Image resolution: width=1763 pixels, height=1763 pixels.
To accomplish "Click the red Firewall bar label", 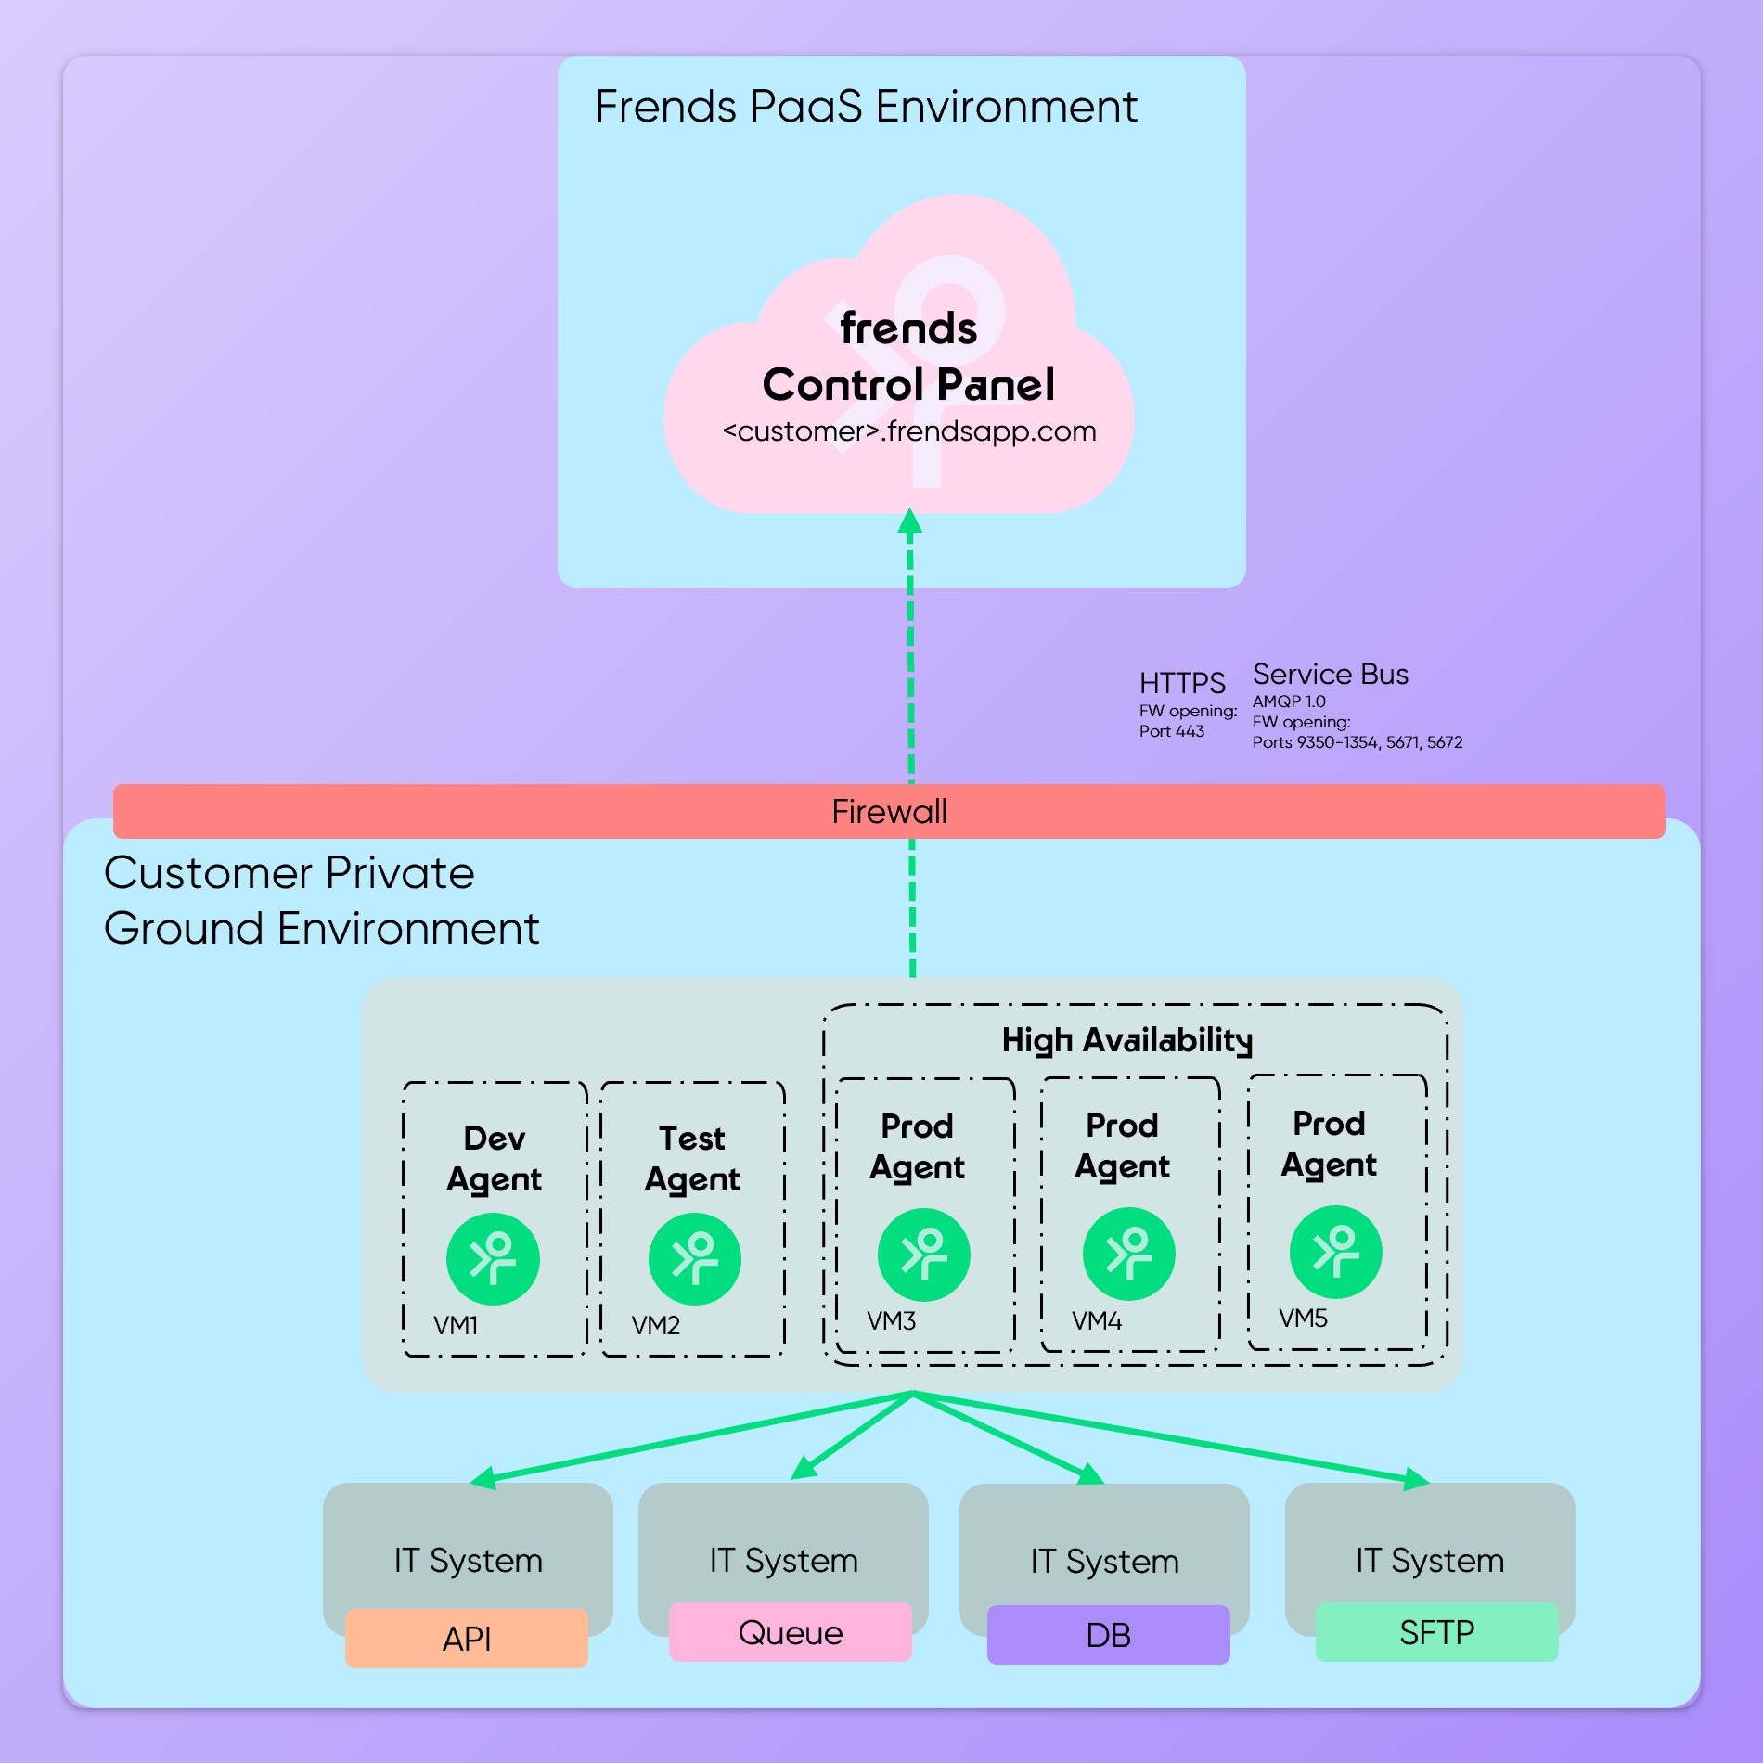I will pos(889,812).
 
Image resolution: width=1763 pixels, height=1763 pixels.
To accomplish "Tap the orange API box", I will pos(466,1639).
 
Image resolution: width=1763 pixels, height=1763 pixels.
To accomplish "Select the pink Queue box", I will pos(790,1632).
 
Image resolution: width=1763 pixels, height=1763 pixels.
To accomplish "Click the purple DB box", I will pos(1108,1635).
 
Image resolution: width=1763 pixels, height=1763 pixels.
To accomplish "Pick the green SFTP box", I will pos(1436,1632).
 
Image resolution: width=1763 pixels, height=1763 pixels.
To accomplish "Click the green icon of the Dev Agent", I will pos(493,1258).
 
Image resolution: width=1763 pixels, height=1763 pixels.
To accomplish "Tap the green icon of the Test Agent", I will pos(694,1258).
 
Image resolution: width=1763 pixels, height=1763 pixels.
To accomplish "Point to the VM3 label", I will pos(891,1320).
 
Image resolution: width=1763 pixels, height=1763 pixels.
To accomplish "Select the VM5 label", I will pos(1303,1318).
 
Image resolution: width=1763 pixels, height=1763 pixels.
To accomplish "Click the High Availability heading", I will pos(1126,1040).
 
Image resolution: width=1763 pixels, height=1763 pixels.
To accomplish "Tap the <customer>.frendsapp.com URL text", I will pos(909,431).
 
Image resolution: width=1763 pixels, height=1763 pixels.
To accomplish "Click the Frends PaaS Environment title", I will pos(865,107).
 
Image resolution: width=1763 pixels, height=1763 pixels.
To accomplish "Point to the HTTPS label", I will pos(1181,683).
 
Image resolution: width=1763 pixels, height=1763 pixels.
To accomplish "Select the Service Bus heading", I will pos(1330,675).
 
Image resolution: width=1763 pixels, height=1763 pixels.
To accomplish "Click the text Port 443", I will pos(1171,731).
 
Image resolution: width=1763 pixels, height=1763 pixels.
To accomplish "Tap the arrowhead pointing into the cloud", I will pos(910,521).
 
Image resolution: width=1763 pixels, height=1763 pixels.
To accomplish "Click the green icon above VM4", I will pos(1128,1254).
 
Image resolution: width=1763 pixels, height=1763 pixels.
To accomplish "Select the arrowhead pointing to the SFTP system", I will pos(1416,1478).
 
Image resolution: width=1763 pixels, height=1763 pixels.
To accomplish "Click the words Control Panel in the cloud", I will pos(908,384).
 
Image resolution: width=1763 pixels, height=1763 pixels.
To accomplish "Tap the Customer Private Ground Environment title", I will pos(320,900).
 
